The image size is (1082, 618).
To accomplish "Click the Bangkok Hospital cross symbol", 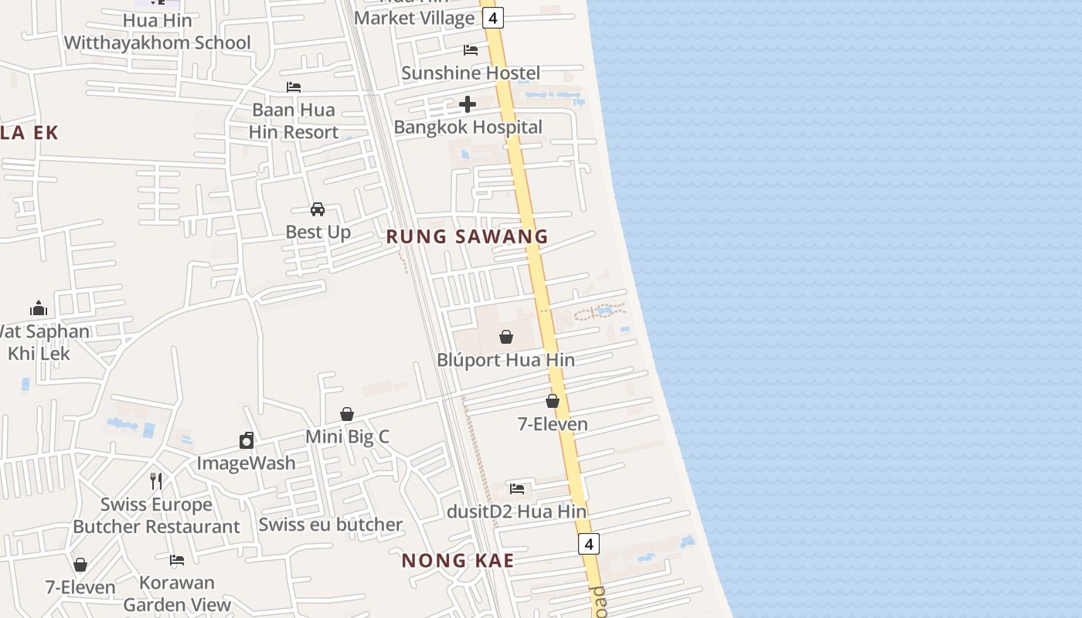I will click(468, 104).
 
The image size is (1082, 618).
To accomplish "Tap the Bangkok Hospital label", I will click(468, 127).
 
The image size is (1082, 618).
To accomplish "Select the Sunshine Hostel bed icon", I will click(471, 50).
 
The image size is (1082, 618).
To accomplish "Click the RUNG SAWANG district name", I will click(467, 236).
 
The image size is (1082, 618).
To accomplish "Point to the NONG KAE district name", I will click(458, 561).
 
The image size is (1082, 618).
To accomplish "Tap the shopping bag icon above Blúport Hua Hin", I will click(506, 337).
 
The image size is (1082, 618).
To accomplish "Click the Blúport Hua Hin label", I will click(506, 360).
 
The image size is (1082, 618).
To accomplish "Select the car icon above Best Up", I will click(318, 209).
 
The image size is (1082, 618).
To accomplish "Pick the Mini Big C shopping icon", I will click(347, 415).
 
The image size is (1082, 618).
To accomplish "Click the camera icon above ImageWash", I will click(247, 440).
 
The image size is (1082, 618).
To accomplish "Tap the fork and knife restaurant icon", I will click(156, 480).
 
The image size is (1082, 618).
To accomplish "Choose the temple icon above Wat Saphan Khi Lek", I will click(39, 309).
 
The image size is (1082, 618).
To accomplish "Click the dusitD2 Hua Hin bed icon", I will click(517, 488).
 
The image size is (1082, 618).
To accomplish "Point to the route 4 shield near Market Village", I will click(493, 18).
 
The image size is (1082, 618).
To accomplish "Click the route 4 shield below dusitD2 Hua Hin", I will click(589, 544).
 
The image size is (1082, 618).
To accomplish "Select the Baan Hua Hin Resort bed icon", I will click(294, 87).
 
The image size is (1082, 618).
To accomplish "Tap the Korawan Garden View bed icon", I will click(177, 559).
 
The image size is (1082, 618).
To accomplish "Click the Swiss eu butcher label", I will click(331, 525).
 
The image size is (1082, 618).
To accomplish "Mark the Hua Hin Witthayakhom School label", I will click(158, 32).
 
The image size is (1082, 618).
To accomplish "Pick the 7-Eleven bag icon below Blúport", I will click(553, 401).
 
